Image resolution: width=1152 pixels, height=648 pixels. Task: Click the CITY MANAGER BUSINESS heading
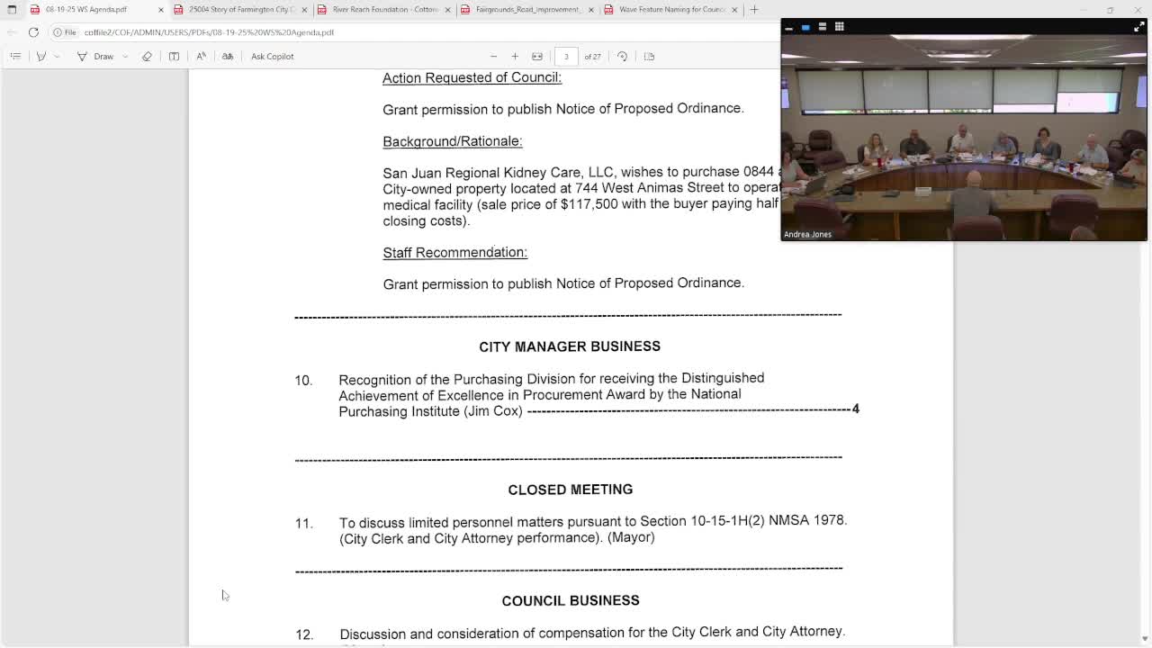point(570,346)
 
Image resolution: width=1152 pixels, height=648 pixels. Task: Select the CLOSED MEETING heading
point(570,490)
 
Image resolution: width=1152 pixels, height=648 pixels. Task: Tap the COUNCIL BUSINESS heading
point(570,600)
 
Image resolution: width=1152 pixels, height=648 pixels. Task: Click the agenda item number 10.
point(303,381)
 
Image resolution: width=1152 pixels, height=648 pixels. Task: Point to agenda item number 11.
point(303,523)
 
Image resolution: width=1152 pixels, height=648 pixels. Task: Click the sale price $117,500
point(589,204)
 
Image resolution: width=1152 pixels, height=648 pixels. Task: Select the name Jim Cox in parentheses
point(493,411)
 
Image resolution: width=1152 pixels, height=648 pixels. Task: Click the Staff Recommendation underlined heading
point(454,253)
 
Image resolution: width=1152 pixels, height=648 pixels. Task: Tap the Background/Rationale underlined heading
point(452,141)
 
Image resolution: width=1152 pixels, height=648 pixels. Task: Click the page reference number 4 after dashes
point(855,409)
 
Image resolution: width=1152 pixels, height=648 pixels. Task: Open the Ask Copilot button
point(272,56)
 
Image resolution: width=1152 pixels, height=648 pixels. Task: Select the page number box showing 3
point(566,56)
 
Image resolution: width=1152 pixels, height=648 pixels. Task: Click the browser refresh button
point(33,32)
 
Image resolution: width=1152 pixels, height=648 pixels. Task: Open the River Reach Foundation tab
point(383,9)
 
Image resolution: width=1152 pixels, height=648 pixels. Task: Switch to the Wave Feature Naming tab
point(670,9)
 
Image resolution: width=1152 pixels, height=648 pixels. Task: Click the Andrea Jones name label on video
point(807,234)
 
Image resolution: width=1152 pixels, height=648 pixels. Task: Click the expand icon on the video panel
point(1138,27)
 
